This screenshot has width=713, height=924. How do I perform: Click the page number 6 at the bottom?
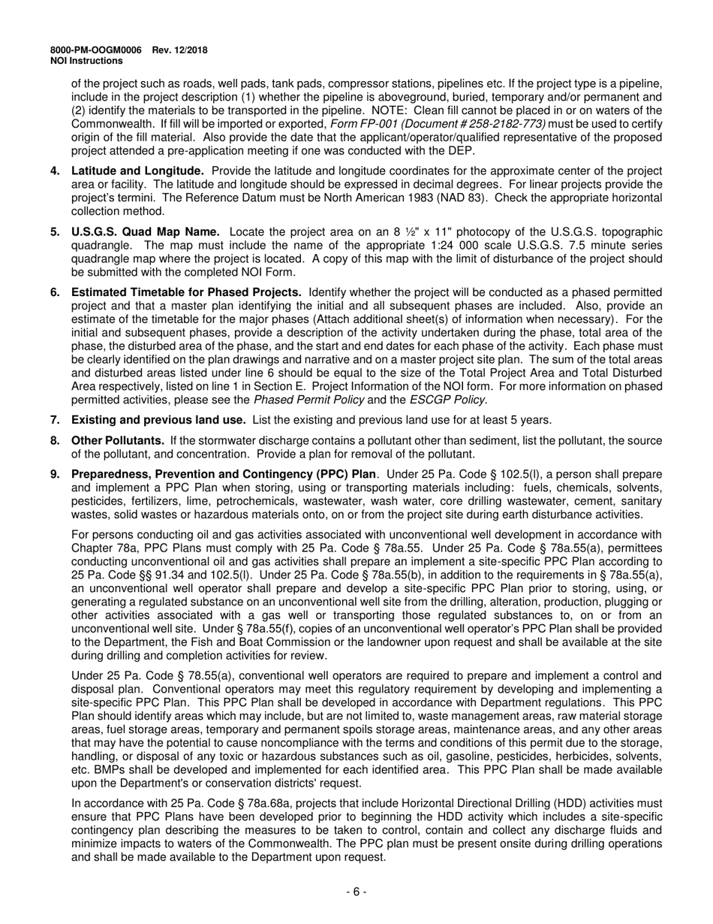(356, 892)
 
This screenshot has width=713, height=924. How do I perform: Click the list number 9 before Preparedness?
(55, 474)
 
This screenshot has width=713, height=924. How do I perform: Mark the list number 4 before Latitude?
(55, 171)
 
